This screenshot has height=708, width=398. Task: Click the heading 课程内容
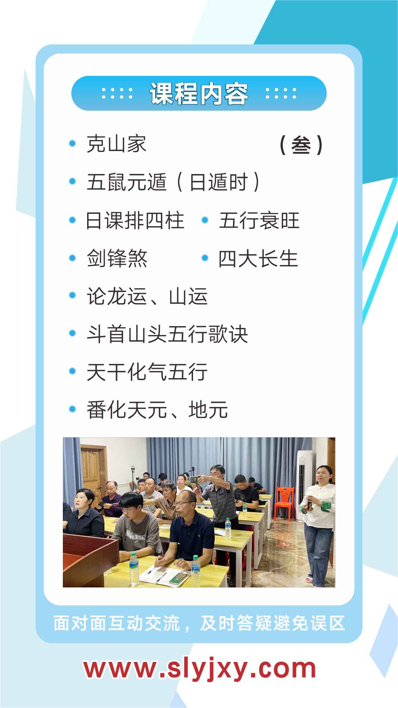coord(199,93)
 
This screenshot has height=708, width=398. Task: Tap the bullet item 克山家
coord(116,144)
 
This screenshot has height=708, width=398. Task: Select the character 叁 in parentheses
coord(301,145)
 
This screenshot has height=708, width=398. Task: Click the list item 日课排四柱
coord(135,221)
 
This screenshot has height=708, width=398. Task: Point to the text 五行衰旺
coord(259,221)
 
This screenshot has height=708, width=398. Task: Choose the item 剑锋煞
coord(117,259)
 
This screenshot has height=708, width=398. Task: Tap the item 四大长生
coord(258,259)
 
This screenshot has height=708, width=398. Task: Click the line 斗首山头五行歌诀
coord(167,334)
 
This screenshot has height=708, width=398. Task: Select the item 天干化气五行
coord(147,372)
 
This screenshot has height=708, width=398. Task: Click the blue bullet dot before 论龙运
coord(73,296)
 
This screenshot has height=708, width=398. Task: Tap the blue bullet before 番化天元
coord(73,409)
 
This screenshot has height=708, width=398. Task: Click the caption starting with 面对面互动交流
coord(199,623)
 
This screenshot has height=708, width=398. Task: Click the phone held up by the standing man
coord(194,479)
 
